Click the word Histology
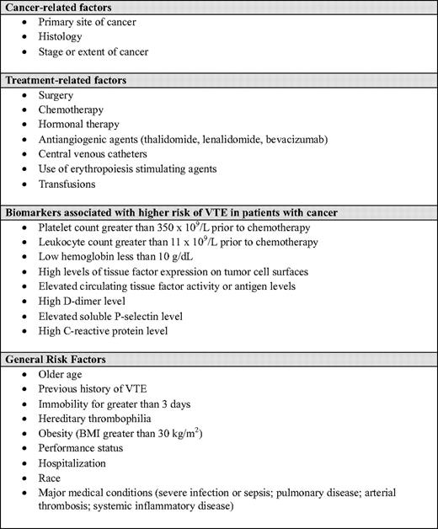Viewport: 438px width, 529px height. [61, 36]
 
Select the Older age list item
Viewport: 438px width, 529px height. [62, 374]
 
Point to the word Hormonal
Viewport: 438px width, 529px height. [62, 125]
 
